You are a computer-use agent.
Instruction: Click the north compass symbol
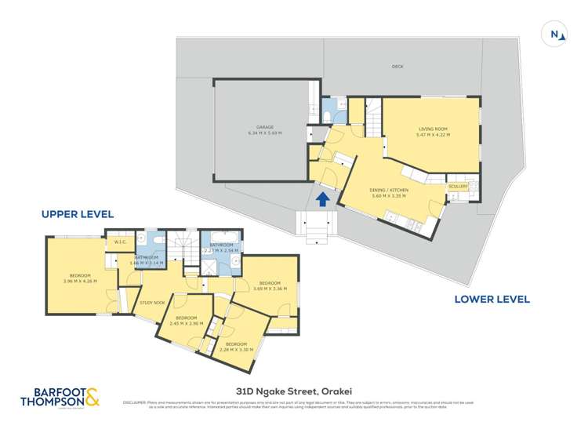(555, 34)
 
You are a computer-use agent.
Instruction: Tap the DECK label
(397, 67)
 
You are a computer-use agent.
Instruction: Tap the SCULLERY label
(457, 186)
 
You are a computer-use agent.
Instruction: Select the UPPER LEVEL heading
(78, 213)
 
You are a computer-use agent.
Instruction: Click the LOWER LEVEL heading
(492, 299)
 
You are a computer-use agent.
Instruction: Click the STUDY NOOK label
(152, 302)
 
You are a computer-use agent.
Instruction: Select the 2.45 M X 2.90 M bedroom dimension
(186, 322)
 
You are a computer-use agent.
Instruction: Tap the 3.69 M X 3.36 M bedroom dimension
(270, 288)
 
